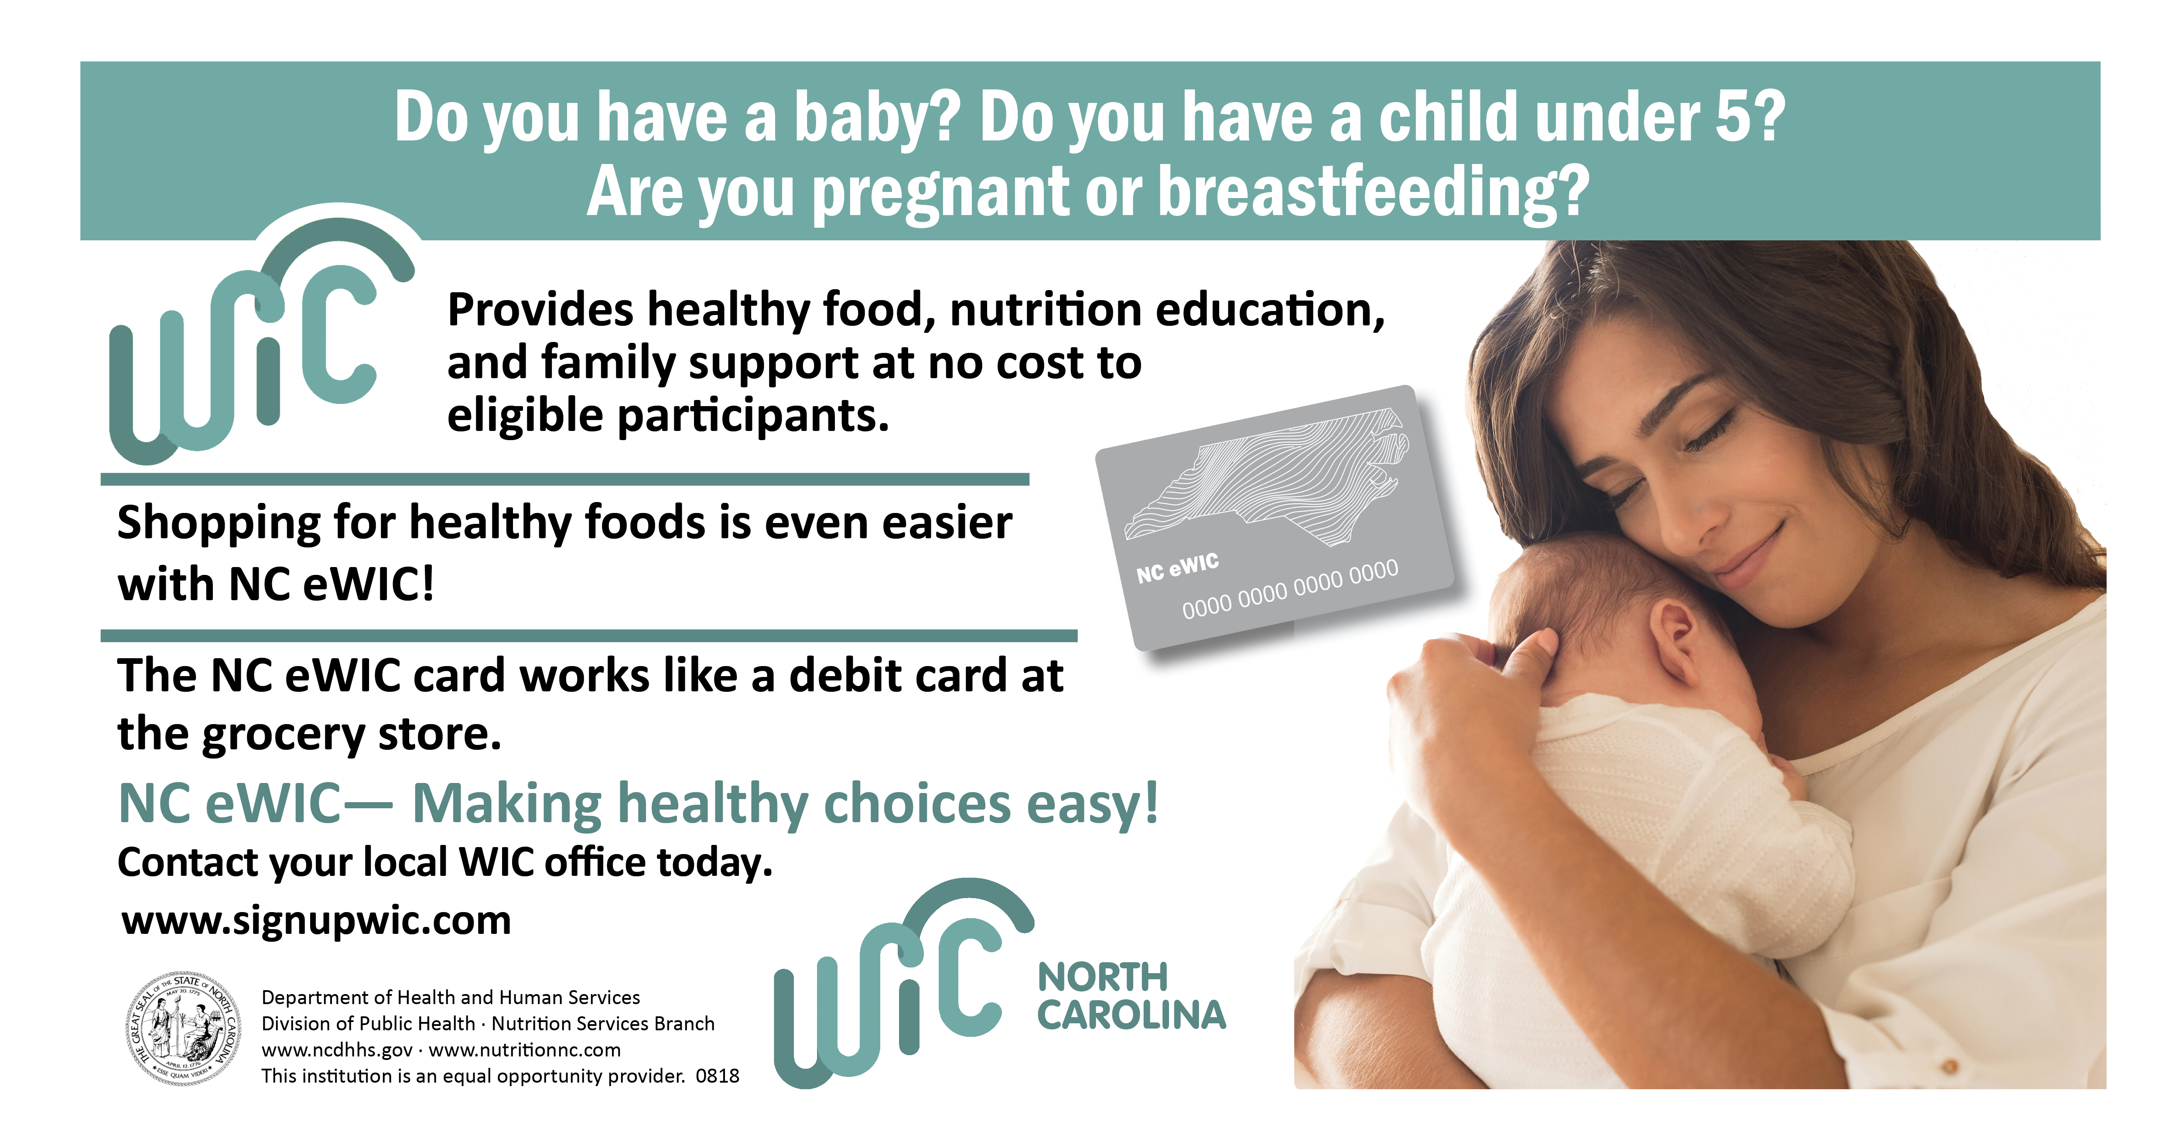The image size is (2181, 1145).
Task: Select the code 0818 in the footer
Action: pos(717,1076)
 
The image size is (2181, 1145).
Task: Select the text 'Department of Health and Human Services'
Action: pos(451,998)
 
